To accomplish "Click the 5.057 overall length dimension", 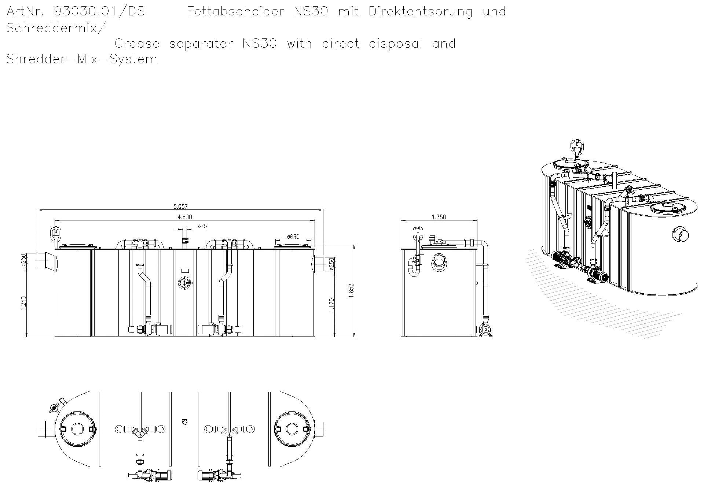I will click(180, 207).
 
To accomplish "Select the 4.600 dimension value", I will click(184, 217).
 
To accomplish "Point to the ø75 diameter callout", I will click(202, 226).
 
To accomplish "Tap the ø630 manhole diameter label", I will click(293, 237).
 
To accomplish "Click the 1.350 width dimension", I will click(439, 217).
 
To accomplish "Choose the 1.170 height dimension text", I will click(331, 305).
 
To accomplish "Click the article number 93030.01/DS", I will click(99, 11).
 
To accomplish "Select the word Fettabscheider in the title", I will click(235, 11).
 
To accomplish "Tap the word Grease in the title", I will click(137, 44).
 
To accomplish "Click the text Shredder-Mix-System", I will click(82, 59).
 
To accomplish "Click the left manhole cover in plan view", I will click(77, 429).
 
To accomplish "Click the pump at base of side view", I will click(485, 330).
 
